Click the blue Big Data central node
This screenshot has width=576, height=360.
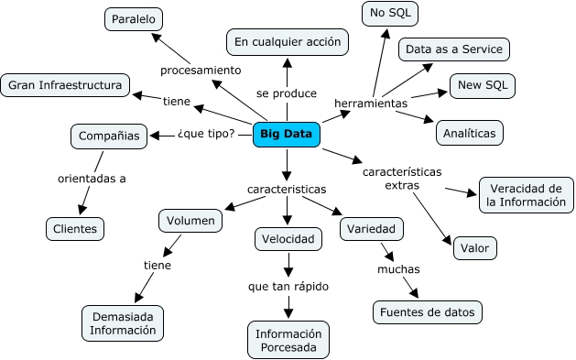(287, 135)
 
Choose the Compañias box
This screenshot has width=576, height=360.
(109, 136)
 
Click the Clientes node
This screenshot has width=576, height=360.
(75, 227)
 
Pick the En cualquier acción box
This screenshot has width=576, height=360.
(287, 41)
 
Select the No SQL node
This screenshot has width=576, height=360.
(389, 13)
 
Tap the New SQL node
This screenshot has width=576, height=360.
(482, 86)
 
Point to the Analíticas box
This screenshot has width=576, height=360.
(469, 133)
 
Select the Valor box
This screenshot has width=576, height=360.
(474, 246)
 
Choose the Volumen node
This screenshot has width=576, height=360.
(190, 221)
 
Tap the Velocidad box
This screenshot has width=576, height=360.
(287, 239)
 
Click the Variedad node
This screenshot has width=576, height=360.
(368, 228)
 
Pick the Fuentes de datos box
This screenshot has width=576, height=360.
(427, 312)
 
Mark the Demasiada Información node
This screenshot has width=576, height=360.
(124, 323)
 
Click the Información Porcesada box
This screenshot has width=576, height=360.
(288, 339)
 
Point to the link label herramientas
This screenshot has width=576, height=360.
(371, 103)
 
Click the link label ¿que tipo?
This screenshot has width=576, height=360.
(205, 136)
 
